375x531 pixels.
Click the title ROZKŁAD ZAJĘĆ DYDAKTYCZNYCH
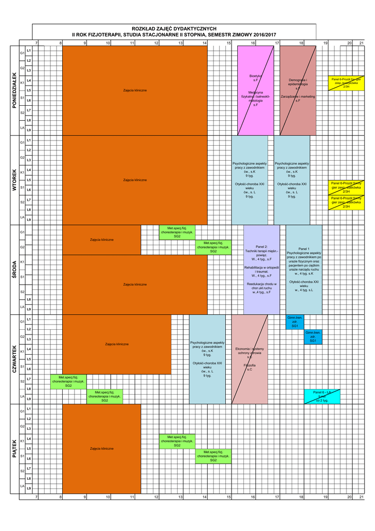pos(174,29)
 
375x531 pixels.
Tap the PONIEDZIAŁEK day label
pos(14,90)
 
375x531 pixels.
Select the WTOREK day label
pos(14,180)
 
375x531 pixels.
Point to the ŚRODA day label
pos(14,270)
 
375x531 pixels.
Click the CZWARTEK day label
pos(14,359)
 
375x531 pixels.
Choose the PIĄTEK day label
pos(14,449)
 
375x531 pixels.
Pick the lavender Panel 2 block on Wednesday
pos(262,270)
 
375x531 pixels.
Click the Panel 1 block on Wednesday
pos(304,270)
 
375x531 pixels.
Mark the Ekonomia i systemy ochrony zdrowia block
pos(249,359)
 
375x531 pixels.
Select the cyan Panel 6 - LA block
pos(322,396)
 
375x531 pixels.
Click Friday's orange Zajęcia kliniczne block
pos(102,448)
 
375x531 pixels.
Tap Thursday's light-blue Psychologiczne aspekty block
pos(207,359)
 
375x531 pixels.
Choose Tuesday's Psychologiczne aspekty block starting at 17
pos(292,180)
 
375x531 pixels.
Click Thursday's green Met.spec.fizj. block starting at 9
pos(104,396)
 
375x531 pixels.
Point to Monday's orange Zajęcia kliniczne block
pos(135,90)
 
